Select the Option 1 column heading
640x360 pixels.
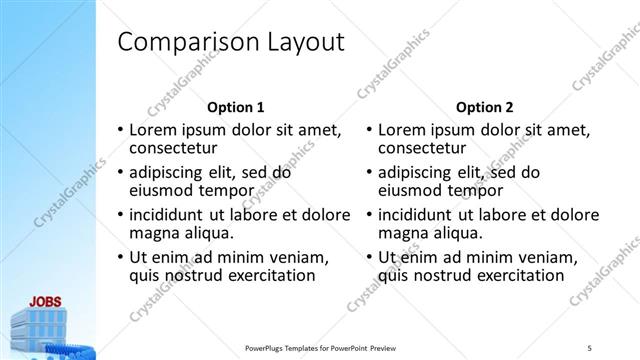(x=235, y=106)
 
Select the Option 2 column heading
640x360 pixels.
(x=485, y=106)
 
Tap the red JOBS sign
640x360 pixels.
(x=46, y=299)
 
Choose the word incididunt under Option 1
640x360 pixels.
(x=171, y=214)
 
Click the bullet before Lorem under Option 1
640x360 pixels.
(x=121, y=130)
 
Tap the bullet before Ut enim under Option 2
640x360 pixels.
(x=371, y=257)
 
